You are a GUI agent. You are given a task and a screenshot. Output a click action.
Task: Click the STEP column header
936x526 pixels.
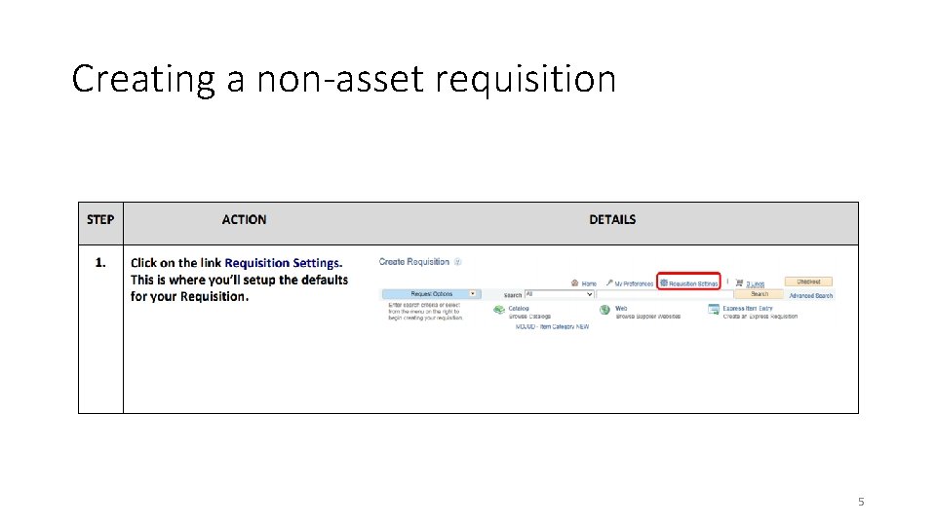point(100,220)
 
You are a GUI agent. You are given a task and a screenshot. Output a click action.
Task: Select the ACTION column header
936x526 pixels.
point(244,220)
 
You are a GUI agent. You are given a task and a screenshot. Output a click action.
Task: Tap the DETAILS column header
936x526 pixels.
point(612,220)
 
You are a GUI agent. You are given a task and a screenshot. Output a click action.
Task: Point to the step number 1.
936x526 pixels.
point(100,263)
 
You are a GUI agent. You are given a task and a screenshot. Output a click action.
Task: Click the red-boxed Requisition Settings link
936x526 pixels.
point(689,283)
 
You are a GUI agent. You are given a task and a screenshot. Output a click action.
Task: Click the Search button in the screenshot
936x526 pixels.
point(759,294)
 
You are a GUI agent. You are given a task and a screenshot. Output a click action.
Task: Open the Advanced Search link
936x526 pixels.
point(811,295)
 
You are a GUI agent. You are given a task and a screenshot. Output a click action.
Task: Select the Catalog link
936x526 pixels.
point(519,309)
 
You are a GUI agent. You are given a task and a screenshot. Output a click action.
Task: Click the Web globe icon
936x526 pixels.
point(604,310)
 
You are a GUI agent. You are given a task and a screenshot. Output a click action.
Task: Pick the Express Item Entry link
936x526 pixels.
point(748,309)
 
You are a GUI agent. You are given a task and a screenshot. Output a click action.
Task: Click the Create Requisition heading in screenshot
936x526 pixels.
point(414,262)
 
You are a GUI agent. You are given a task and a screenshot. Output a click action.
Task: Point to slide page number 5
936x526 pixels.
point(861,502)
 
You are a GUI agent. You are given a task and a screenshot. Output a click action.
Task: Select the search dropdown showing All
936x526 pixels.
point(559,294)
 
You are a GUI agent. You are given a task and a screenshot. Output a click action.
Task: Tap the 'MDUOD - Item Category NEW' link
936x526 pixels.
point(552,327)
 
